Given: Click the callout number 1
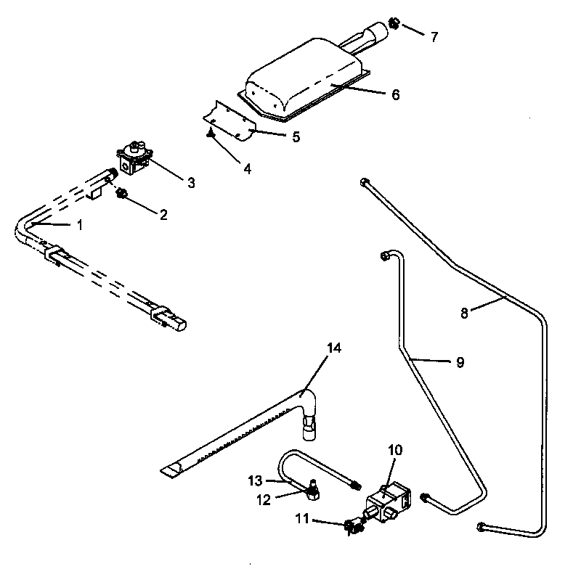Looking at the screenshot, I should coord(80,225).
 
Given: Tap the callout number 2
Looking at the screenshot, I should coord(163,214).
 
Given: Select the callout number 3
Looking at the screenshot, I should coord(191,183).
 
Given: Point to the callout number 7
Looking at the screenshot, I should coord(434,37).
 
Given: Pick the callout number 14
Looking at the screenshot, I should coord(333,348).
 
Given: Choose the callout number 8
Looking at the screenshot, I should coord(465,314).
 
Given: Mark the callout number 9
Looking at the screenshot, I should coord(460,362).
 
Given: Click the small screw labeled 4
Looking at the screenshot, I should coord(209,131).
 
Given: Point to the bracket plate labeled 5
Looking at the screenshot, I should coord(229,120).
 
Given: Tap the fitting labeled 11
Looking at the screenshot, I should coord(352,525).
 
